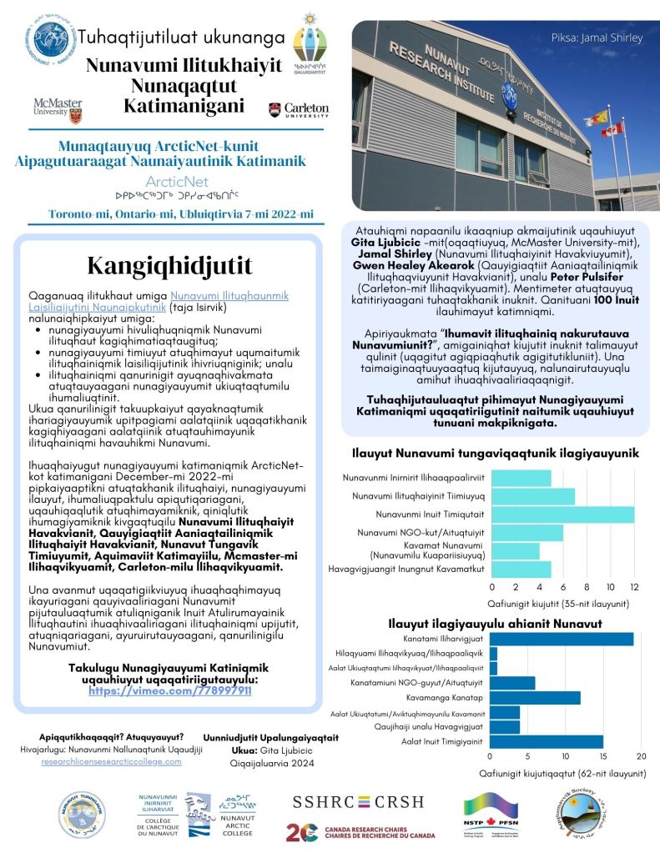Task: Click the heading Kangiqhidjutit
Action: pyautogui.click(x=169, y=264)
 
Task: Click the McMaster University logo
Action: pyautogui.click(x=58, y=108)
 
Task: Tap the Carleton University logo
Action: pyautogui.click(x=298, y=109)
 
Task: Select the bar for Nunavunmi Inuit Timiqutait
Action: pyautogui.click(x=563, y=514)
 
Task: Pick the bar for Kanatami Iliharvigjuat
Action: pyautogui.click(x=561, y=639)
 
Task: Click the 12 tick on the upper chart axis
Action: pyautogui.click(x=634, y=585)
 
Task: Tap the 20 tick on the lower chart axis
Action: pyautogui.click(x=641, y=756)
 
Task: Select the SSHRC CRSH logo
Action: pyautogui.click(x=357, y=802)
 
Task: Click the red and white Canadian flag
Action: pyautogui.click(x=612, y=129)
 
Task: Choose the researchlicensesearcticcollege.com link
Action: pyautogui.click(x=111, y=762)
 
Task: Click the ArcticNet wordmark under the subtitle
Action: pyautogui.click(x=171, y=181)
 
